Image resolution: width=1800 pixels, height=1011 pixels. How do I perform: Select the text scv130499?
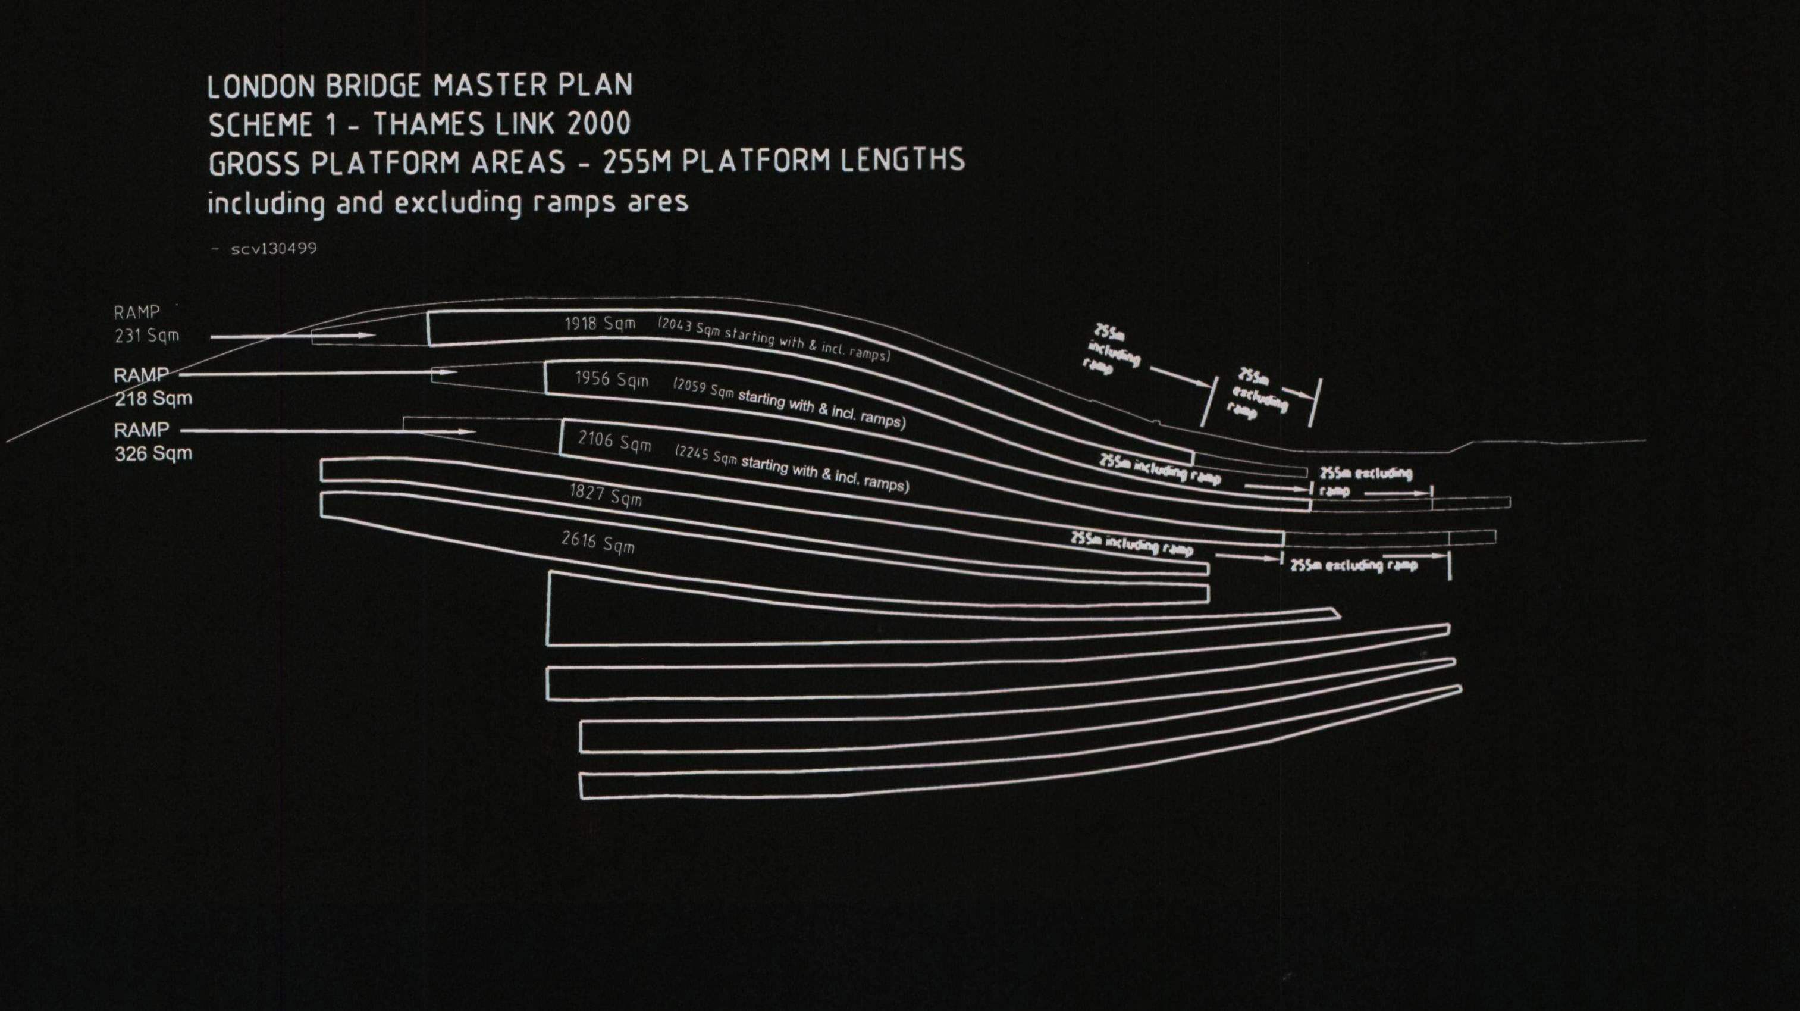tap(273, 248)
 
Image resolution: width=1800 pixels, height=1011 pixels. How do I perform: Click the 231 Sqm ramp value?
tap(147, 336)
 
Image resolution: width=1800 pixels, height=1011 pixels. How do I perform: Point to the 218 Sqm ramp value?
tap(153, 399)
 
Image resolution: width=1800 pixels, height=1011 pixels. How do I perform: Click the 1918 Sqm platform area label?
tap(600, 324)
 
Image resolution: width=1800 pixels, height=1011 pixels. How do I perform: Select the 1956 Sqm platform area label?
tap(612, 380)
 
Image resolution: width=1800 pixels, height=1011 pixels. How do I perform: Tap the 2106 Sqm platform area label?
tap(614, 441)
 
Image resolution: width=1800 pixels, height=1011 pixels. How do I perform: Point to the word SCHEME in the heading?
tap(260, 126)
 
